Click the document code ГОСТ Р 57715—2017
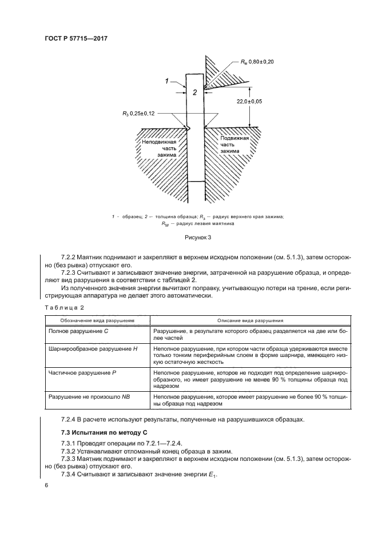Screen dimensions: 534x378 tap(76, 39)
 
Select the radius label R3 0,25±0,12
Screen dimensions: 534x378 tap(145, 114)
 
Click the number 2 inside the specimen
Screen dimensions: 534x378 tap(194, 91)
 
